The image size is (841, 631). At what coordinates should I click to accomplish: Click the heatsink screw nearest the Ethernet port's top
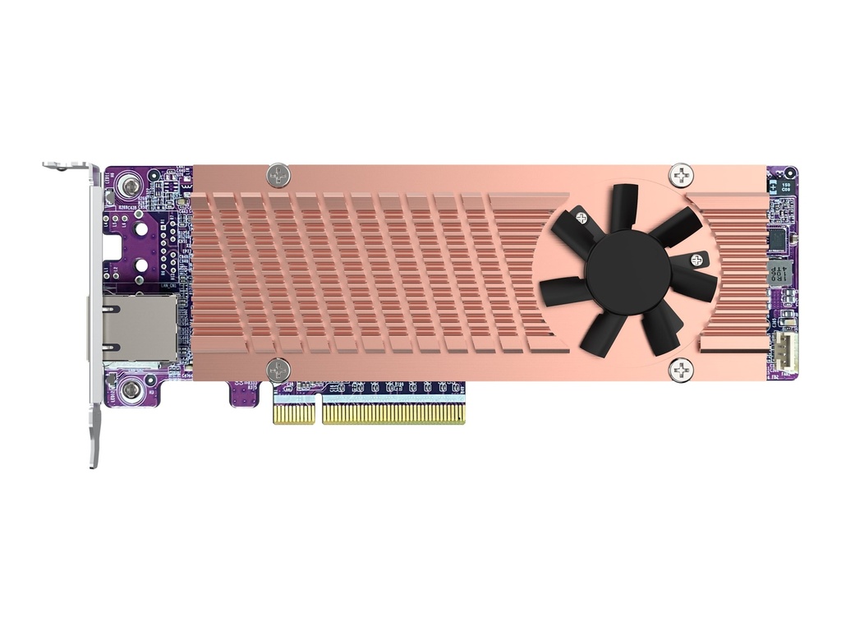pyautogui.click(x=279, y=174)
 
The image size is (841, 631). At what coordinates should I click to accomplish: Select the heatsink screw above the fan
pyautogui.click(x=681, y=174)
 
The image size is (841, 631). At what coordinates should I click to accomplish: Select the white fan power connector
pyautogui.click(x=788, y=352)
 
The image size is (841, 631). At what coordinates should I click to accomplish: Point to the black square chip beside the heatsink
pyautogui.click(x=777, y=238)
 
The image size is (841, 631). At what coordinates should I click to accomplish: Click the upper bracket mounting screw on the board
pyautogui.click(x=128, y=188)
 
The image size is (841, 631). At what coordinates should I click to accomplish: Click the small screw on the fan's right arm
pyautogui.click(x=699, y=259)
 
